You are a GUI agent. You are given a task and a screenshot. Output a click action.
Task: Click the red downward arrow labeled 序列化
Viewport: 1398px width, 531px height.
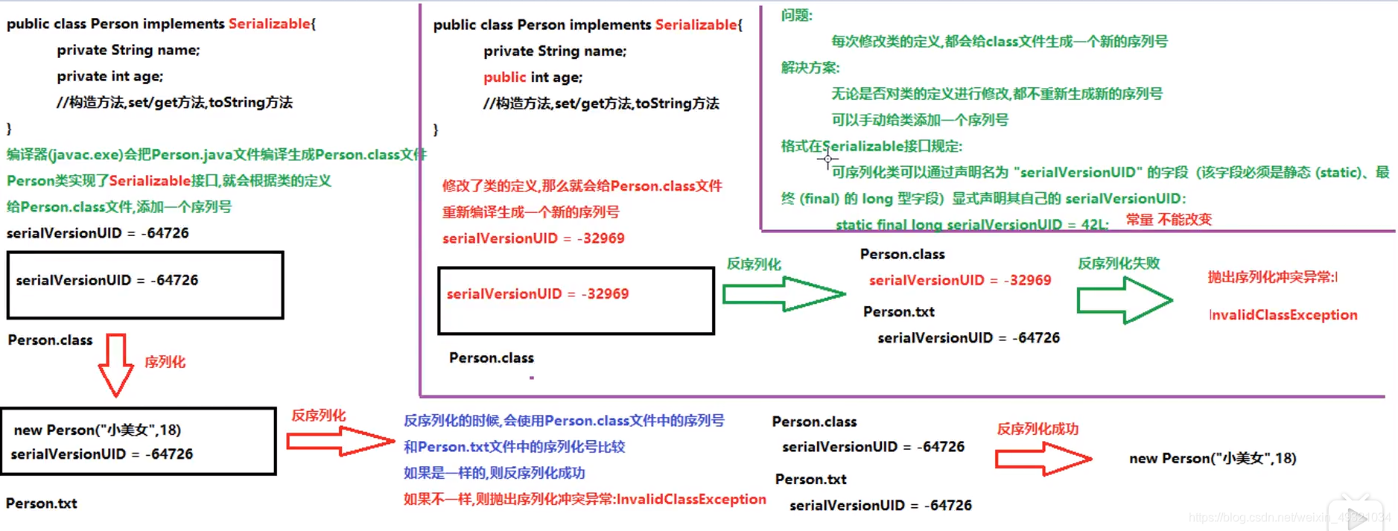[115, 364]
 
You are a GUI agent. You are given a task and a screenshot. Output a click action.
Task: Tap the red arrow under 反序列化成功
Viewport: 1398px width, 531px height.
[1043, 458]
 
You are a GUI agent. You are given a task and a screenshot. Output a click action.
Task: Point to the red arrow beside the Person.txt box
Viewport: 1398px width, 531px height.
[340, 441]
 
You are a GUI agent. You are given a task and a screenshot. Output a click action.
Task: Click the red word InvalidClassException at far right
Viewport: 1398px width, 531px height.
[1283, 315]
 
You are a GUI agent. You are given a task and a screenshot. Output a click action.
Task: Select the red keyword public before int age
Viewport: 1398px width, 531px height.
[504, 77]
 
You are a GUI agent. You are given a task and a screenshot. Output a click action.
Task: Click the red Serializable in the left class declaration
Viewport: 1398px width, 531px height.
[269, 24]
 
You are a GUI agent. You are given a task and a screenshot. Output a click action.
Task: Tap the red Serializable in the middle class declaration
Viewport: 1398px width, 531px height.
[696, 25]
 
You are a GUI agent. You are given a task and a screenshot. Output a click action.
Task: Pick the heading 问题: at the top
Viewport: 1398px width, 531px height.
[796, 16]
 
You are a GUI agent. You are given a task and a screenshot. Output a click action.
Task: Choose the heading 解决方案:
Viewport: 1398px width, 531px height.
[810, 68]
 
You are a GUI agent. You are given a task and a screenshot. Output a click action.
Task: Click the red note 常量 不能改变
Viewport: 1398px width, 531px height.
[1168, 220]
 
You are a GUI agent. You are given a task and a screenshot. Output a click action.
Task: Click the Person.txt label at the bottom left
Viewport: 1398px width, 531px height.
[42, 503]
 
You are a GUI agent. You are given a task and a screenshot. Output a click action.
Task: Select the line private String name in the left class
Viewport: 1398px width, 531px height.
[128, 50]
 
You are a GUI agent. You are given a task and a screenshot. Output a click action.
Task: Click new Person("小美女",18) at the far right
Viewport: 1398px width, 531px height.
[1212, 459]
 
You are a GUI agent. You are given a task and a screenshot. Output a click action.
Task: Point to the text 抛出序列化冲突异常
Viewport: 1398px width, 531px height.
[1271, 277]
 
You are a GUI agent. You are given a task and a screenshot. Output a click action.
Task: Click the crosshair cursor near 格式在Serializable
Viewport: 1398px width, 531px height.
[827, 159]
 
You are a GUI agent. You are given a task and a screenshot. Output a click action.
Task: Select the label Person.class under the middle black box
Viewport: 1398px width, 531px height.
[491, 358]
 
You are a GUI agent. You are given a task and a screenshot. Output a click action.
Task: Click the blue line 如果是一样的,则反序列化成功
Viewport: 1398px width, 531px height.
[494, 473]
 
